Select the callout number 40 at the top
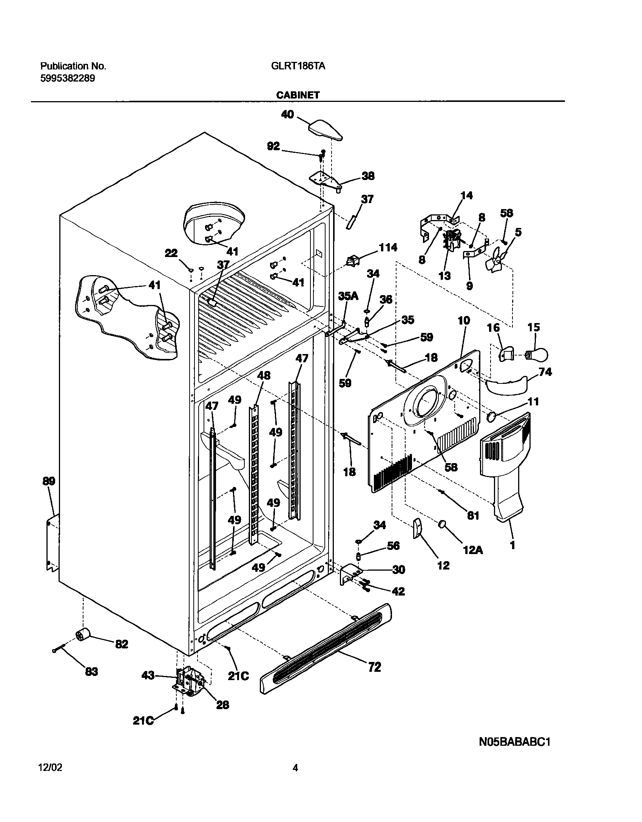(287, 115)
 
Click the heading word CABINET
(298, 95)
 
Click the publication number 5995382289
(68, 79)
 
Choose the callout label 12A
(473, 551)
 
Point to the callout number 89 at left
(49, 481)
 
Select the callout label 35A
(348, 296)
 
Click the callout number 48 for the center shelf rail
(264, 376)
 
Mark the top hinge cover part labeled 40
(326, 130)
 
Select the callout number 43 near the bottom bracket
(148, 675)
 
